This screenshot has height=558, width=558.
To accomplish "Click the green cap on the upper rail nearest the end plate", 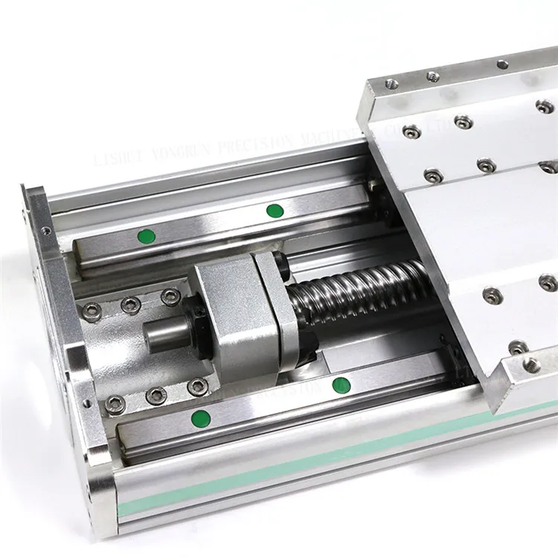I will [x=146, y=237].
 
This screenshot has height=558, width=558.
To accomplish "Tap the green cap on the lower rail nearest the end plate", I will [x=199, y=416].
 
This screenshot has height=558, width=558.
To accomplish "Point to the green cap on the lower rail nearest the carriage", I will [x=341, y=385].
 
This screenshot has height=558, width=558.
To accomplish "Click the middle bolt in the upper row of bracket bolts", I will [x=131, y=303].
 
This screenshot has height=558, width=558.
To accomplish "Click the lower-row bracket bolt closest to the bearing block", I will [x=197, y=387].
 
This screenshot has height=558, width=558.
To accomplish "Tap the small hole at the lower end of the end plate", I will [x=89, y=403].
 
